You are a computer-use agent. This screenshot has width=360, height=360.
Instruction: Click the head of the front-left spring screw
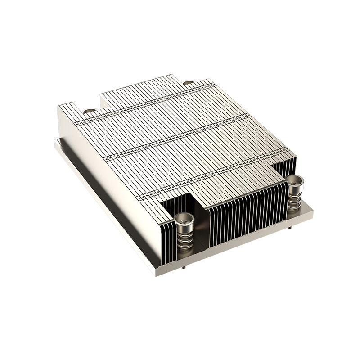[184, 220]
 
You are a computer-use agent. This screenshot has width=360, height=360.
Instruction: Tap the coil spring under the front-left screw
[185, 238]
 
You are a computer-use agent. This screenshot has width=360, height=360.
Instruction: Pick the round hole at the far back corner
[189, 82]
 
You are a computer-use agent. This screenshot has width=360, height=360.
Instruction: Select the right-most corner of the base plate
[313, 211]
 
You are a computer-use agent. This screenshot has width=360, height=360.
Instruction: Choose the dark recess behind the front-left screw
[178, 205]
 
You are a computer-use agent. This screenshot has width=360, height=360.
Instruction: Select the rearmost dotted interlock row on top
[148, 101]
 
